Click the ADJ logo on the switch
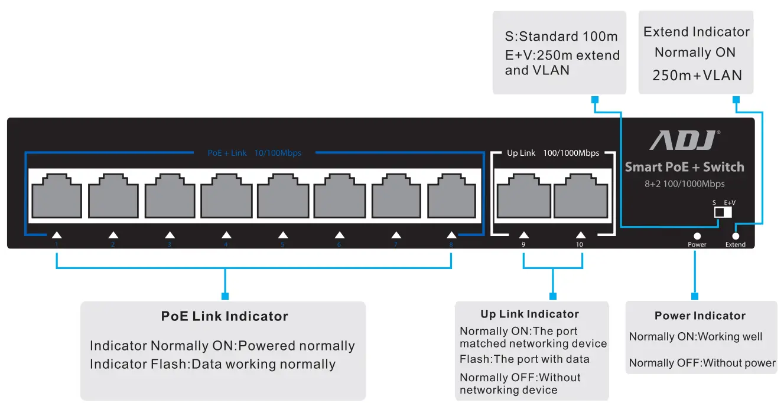[684, 140]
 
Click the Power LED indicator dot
[697, 235]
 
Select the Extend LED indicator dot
[736, 235]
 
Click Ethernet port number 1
[57, 195]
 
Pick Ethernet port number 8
[452, 195]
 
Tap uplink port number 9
[523, 195]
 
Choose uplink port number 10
[581, 195]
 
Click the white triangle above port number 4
[226, 235]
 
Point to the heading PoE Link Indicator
[225, 316]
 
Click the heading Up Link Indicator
[529, 314]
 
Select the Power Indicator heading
[700, 316]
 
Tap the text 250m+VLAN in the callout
[697, 76]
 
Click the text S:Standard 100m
[561, 37]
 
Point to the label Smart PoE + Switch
[684, 167]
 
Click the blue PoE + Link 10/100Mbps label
[254, 153]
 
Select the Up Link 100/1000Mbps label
[553, 153]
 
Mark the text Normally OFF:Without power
[702, 363]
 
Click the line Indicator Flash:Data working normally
[212, 364]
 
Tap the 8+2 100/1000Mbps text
[684, 184]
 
